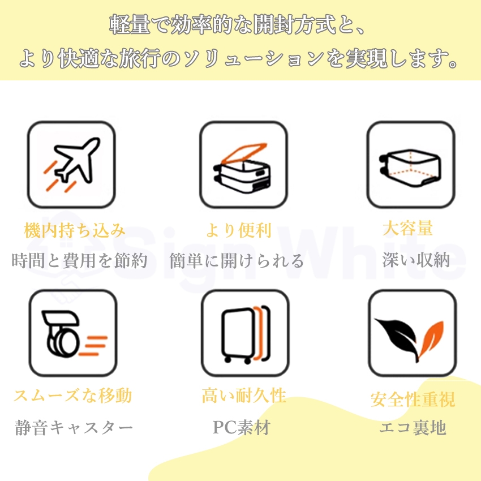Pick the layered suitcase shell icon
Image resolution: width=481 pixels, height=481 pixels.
tap(245, 334)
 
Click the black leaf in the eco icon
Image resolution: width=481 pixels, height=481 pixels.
tap(400, 337)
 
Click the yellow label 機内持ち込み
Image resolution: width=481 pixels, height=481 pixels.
tap(75, 231)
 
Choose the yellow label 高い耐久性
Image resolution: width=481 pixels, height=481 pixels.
tap(244, 395)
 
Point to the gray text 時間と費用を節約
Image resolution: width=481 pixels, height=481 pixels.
tap(80, 260)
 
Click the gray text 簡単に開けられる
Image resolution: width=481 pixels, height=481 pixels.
tap(237, 260)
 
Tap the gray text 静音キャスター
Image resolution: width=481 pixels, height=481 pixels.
tap(74, 428)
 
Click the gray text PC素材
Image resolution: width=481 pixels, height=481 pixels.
tap(241, 428)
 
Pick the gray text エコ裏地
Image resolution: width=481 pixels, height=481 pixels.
tap(413, 428)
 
